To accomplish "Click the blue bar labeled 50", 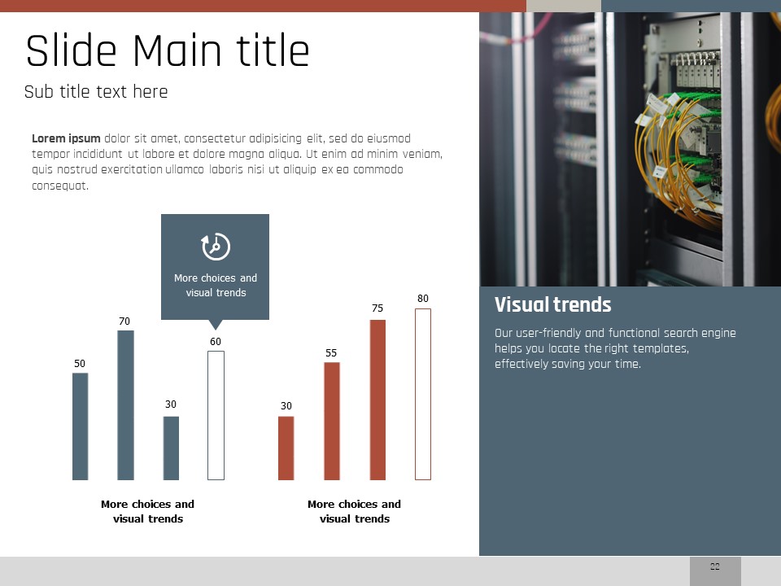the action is tap(81, 426).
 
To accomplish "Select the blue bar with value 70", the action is tap(125, 405).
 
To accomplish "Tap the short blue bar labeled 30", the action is tap(171, 448).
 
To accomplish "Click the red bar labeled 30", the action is tap(286, 448).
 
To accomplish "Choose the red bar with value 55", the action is tap(332, 421).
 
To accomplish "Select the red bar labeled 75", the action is tap(377, 400).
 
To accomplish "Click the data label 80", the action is tap(423, 299).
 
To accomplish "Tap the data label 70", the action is tap(124, 321).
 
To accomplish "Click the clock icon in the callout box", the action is tap(216, 246).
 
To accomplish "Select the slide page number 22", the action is tap(715, 566).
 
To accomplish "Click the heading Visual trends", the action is tap(553, 304).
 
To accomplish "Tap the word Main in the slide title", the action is tap(177, 50).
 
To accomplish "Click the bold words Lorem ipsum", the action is tap(66, 138).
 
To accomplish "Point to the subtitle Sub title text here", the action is tap(96, 92).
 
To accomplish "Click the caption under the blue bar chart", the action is tap(147, 511).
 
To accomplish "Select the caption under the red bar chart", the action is tap(354, 511).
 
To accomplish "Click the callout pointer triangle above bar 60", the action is tap(215, 325).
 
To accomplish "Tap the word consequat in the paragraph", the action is tap(60, 186).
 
